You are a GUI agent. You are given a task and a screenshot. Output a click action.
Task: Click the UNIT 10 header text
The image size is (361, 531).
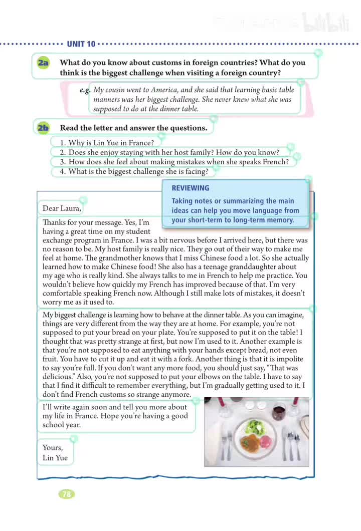point(81,44)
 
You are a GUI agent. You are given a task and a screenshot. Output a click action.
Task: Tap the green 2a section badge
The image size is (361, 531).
point(43,63)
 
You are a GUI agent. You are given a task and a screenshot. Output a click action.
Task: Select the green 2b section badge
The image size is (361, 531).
point(43,128)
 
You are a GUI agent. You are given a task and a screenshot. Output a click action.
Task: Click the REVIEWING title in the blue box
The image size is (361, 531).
point(190,188)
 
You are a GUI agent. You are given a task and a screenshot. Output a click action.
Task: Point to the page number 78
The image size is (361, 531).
point(67,494)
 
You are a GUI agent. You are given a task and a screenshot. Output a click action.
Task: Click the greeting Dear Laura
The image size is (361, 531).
point(62,208)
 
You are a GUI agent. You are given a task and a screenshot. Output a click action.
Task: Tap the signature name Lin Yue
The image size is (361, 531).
point(55,457)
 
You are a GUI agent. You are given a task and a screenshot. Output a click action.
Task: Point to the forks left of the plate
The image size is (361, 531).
point(227,443)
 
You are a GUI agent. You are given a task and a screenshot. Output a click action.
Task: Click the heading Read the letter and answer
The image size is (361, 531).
point(133,128)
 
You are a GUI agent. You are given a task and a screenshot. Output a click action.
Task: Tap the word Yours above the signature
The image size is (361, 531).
point(53,447)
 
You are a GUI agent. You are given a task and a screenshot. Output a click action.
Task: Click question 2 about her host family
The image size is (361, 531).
point(169,152)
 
